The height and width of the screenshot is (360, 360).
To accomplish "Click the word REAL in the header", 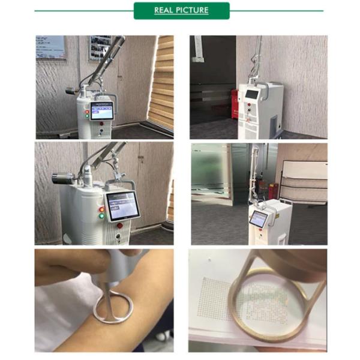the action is point(163,10).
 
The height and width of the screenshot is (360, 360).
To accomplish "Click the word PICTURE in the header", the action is point(191,10).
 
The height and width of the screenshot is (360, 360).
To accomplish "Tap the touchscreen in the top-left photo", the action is point(102,110).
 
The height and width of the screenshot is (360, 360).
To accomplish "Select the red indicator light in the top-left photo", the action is point(87,112).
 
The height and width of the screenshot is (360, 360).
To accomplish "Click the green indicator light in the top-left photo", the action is point(87,116).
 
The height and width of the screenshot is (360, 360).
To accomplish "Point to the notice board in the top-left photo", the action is point(50,47).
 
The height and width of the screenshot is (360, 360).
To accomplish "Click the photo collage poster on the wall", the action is point(100,48).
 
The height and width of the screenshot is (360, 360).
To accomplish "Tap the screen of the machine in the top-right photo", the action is point(252,94).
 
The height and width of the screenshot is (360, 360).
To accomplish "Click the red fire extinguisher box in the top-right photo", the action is point(235,104).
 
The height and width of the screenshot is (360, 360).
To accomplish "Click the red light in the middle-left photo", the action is point(101,209).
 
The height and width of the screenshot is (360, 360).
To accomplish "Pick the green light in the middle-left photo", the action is point(101,216).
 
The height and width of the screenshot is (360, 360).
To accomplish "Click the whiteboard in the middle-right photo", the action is point(304,182).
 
